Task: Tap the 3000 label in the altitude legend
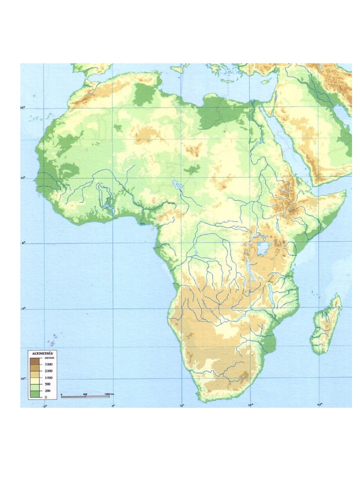[48, 364]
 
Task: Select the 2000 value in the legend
[48, 371]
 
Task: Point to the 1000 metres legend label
[48, 377]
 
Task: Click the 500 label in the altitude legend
[48, 384]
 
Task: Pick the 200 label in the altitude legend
[48, 390]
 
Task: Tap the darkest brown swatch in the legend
[35, 361]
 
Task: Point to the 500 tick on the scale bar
[85, 394]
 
